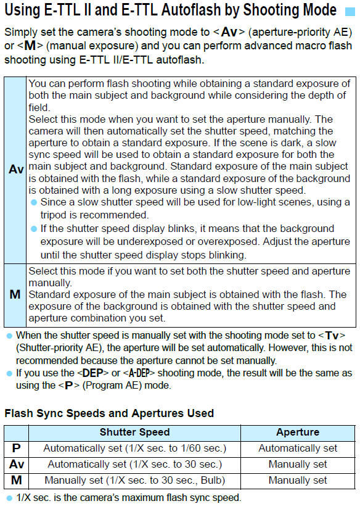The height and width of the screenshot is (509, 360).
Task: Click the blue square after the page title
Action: click(x=349, y=11)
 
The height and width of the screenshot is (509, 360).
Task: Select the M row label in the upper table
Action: click(x=15, y=294)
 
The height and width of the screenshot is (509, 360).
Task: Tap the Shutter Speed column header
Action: click(x=134, y=432)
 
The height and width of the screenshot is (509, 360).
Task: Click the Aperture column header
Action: click(x=298, y=432)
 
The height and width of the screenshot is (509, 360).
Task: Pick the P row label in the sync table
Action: click(x=15, y=448)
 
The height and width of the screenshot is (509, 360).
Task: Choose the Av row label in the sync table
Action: click(x=15, y=464)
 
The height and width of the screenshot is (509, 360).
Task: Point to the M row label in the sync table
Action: click(x=15, y=480)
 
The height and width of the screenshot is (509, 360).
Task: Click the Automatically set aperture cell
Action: click(x=298, y=449)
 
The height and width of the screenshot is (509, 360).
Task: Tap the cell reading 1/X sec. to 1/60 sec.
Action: click(x=134, y=449)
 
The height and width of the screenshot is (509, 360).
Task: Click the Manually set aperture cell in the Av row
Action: click(x=298, y=464)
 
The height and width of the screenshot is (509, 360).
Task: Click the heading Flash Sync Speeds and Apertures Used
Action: click(x=109, y=413)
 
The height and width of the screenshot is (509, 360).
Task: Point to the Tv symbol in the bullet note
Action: click(x=332, y=336)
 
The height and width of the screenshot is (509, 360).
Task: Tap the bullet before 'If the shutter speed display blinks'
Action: click(x=35, y=229)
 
